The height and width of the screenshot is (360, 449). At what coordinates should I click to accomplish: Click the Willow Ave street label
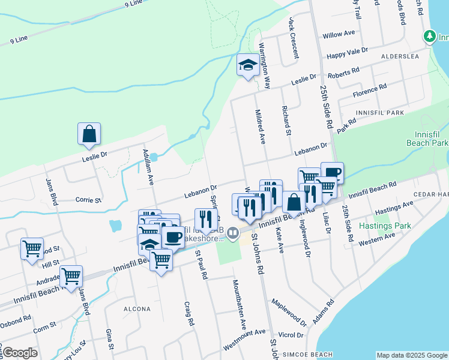(x=340, y=35)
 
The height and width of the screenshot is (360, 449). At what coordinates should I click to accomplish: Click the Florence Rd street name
(x=370, y=91)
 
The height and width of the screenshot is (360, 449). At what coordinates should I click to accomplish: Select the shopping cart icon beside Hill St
(x=32, y=248)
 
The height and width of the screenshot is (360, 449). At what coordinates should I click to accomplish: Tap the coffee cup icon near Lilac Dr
(x=332, y=173)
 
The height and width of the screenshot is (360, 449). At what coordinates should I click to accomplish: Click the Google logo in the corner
(x=20, y=353)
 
